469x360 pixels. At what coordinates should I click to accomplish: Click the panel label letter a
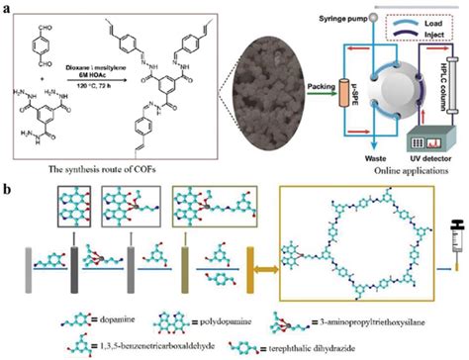click(x=9, y=8)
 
